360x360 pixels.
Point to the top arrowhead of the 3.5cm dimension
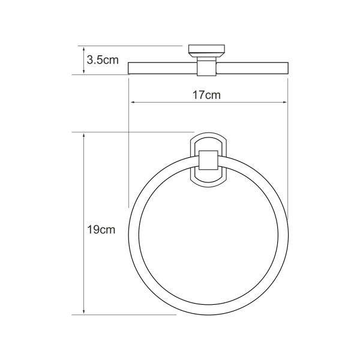coord(84,49)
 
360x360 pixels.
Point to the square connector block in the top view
coord(207,67)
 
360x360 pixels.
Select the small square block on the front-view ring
coord(207,161)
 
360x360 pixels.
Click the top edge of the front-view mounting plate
coord(207,134)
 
